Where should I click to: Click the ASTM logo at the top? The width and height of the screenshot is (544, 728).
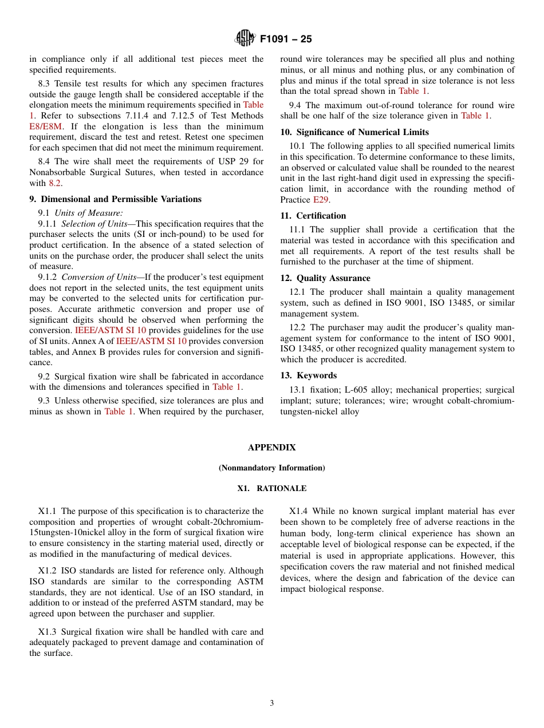coord(245,38)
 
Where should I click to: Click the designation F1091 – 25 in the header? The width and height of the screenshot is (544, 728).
coord(286,39)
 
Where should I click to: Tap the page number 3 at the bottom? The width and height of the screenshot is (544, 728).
coord(272,703)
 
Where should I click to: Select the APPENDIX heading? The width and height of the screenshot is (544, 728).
coord(272,448)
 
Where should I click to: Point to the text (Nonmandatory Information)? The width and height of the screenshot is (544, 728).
coord(272,468)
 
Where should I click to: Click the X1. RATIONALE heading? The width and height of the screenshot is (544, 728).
coord(272,489)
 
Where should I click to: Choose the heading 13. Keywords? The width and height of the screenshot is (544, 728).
coord(308,375)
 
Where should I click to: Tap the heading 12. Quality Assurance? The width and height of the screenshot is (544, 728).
coord(325,278)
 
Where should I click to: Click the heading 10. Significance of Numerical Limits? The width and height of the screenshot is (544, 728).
coord(354,132)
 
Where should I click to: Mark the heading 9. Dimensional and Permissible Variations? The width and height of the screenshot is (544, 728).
coord(115,199)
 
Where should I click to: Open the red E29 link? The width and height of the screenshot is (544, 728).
coord(321,200)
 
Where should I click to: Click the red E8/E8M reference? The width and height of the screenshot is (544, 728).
coord(46,126)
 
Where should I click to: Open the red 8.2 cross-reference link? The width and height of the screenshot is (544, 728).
coord(54,183)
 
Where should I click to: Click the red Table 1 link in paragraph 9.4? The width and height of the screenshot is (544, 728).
coord(475,116)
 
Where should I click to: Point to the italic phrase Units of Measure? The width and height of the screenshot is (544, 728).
coord(89,213)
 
